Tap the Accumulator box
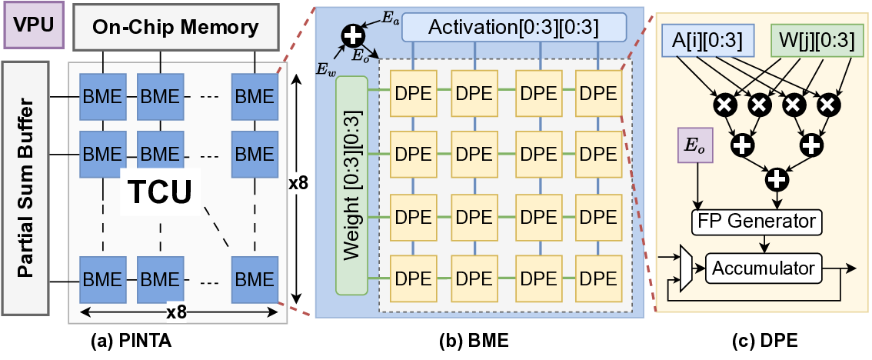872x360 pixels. point(764,268)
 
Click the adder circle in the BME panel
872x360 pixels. point(353,35)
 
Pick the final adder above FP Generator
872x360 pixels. point(777,180)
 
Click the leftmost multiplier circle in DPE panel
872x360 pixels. point(724,102)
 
